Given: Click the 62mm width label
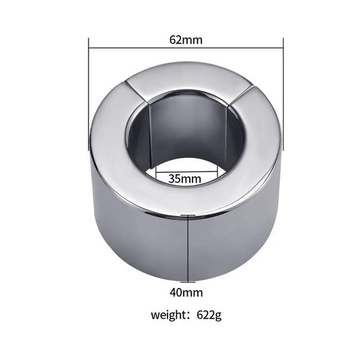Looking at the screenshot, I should click(x=185, y=39).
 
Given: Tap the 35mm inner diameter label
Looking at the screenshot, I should click(x=184, y=180).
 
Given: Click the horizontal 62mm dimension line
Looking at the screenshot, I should click(x=135, y=48).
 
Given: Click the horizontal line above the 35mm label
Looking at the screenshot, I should click(x=184, y=172).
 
